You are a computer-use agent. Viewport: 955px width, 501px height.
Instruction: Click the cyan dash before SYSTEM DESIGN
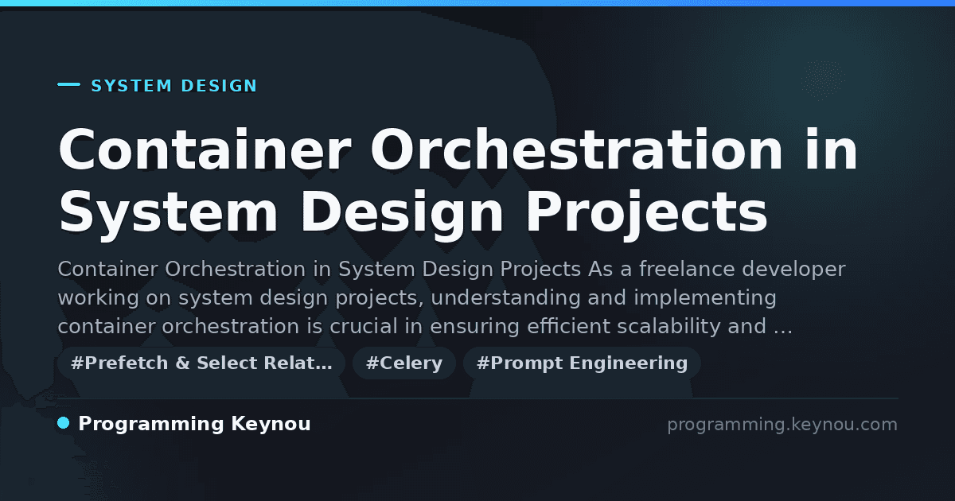click(x=68, y=84)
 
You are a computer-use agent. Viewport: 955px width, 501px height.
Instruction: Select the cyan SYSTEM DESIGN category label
click(x=174, y=86)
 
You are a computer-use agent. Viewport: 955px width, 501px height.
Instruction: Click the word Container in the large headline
click(x=205, y=150)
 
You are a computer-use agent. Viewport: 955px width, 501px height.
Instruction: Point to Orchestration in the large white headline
click(x=576, y=150)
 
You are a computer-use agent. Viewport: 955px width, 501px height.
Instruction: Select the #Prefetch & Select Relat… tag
click(x=201, y=363)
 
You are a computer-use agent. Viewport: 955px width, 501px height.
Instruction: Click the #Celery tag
click(x=404, y=363)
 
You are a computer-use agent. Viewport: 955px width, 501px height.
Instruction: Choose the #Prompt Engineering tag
click(x=582, y=363)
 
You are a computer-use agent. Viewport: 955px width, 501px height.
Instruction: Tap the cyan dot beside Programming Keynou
click(x=64, y=423)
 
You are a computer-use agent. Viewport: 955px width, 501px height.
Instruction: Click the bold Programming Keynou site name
click(x=194, y=425)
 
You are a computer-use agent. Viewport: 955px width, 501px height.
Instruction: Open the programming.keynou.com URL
click(x=782, y=425)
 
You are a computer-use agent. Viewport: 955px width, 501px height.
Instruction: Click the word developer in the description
click(x=794, y=270)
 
